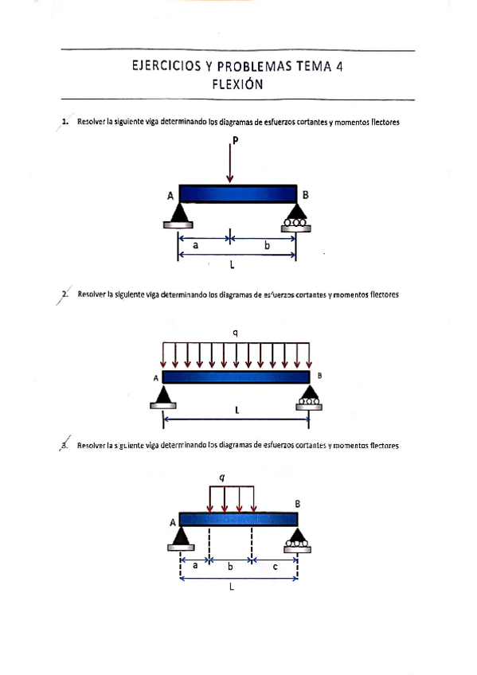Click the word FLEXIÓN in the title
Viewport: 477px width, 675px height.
(x=237, y=85)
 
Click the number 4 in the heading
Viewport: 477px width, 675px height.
(x=338, y=68)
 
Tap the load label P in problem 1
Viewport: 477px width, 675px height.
(x=236, y=141)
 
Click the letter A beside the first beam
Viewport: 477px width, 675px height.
(x=170, y=196)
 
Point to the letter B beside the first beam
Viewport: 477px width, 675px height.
(x=306, y=194)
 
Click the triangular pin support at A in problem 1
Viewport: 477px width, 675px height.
(x=178, y=213)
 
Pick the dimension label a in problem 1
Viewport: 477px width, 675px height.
(x=196, y=246)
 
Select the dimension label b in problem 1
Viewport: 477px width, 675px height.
(x=267, y=246)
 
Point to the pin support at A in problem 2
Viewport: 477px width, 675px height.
(x=162, y=396)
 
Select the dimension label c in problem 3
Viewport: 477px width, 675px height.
(x=275, y=567)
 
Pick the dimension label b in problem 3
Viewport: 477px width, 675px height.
(x=230, y=567)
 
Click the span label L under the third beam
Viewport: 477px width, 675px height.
(x=231, y=588)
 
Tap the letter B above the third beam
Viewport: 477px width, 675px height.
(x=298, y=503)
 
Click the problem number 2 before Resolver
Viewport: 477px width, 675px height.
(x=65, y=295)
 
